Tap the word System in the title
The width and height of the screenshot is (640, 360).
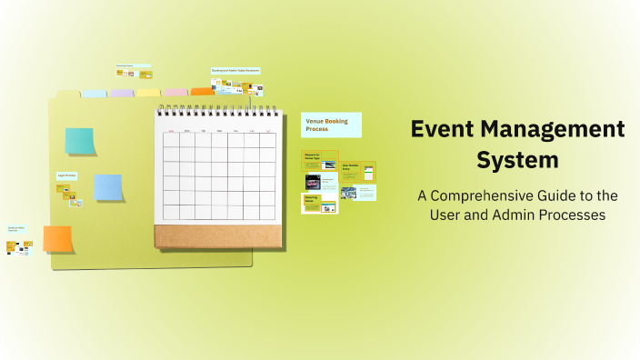point(517,161)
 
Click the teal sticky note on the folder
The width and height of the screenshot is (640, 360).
point(79,141)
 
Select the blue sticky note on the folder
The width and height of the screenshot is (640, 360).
point(108,186)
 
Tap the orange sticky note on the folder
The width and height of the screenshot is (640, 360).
point(57,238)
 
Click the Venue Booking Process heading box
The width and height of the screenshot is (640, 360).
point(331,125)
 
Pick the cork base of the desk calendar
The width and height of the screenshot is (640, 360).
point(216,235)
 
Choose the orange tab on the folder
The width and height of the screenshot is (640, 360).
point(202,92)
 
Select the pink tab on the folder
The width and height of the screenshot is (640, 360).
point(175,93)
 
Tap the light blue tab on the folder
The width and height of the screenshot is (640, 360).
point(95,94)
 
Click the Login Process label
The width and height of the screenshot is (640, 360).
point(66,175)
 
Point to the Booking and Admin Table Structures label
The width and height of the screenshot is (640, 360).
point(235,70)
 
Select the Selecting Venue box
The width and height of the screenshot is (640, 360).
point(319,203)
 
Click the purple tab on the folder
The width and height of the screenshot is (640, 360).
point(121,93)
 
